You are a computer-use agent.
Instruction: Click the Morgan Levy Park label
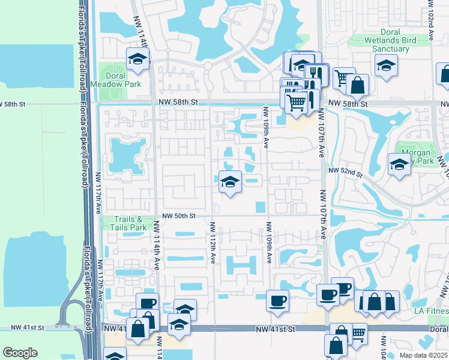click(x=415, y=157)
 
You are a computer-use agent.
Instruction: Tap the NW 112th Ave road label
click(x=212, y=242)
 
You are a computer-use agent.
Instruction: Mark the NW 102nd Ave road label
click(x=430, y=20)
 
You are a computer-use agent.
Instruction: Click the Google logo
click(x=20, y=353)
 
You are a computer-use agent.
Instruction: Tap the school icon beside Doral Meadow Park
click(x=137, y=59)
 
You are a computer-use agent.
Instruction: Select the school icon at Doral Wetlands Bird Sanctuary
click(x=386, y=65)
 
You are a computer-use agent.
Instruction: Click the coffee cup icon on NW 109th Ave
click(x=277, y=300)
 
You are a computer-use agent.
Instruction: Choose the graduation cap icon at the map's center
click(x=229, y=182)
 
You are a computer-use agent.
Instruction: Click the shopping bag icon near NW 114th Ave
click(x=138, y=329)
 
